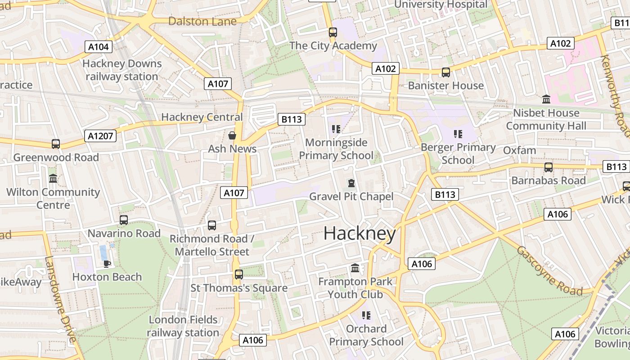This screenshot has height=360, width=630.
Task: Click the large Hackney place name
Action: pyautogui.click(x=360, y=234)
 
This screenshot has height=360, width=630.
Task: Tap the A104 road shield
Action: pyautogui.click(x=99, y=47)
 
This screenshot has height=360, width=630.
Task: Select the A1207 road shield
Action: pyautogui.click(x=100, y=136)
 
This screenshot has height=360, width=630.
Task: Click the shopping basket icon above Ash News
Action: pyautogui.click(x=232, y=135)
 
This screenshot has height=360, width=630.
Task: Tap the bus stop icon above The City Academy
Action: pyautogui.click(x=333, y=32)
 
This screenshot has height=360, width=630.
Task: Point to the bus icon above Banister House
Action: pyautogui.click(x=445, y=72)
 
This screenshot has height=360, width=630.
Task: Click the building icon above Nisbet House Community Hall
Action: pyautogui.click(x=546, y=99)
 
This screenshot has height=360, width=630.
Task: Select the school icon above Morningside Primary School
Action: pyautogui.click(x=336, y=130)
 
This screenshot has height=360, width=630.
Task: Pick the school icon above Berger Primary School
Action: pyautogui.click(x=458, y=134)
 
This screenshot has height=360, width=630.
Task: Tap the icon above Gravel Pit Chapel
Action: pyautogui.click(x=351, y=183)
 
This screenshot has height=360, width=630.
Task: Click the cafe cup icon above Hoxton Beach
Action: pyautogui.click(x=107, y=264)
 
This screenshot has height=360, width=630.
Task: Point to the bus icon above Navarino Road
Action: pyautogui.click(x=124, y=220)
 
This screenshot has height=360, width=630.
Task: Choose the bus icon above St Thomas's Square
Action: pyautogui.click(x=238, y=274)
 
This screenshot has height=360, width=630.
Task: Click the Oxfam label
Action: pyautogui.click(x=519, y=150)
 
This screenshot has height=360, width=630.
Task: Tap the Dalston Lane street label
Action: pyautogui.click(x=202, y=21)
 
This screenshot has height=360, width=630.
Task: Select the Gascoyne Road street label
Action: pyautogui.click(x=549, y=271)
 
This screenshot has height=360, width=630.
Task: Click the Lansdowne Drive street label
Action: pyautogui.click(x=61, y=300)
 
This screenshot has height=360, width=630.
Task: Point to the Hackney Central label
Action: pyautogui.click(x=202, y=117)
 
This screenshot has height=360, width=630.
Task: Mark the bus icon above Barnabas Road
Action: pyautogui.click(x=548, y=167)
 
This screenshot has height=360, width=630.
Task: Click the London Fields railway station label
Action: pyautogui.click(x=183, y=326)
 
